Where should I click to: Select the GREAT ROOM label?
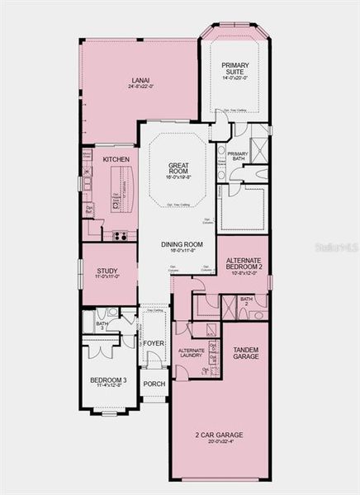(x=179, y=166)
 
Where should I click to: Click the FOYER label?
(x=154, y=342)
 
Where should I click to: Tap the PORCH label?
(x=154, y=384)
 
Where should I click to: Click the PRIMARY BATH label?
(x=238, y=157)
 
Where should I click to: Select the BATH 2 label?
(x=246, y=301)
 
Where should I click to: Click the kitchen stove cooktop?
(x=119, y=235)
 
